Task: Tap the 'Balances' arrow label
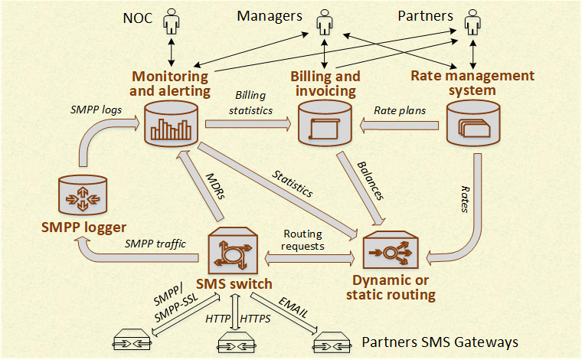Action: (x=369, y=181)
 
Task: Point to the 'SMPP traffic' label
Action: (x=155, y=244)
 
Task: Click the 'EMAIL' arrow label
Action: (x=293, y=309)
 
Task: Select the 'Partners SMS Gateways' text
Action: (x=440, y=342)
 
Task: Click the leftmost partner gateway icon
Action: (x=132, y=339)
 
